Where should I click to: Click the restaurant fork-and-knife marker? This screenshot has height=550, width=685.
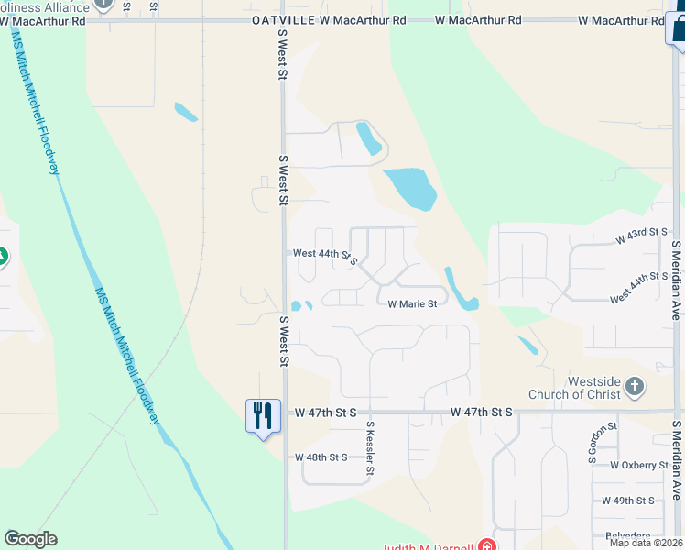263,415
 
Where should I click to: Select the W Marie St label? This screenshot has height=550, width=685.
412,304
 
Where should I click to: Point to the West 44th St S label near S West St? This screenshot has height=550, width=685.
325,255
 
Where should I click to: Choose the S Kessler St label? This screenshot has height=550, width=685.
371,448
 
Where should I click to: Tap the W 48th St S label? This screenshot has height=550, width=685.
321,456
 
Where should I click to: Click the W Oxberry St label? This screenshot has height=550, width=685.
638,466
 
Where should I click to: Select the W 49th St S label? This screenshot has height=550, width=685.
628,500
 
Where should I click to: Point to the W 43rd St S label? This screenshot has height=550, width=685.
642,236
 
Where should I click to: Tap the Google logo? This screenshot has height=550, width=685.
30,539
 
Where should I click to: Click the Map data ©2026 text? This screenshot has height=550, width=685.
646,543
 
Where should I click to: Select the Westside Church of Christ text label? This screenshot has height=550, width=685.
575,388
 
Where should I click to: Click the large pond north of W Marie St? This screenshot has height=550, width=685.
410,189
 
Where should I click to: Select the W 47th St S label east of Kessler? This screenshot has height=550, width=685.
481,413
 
